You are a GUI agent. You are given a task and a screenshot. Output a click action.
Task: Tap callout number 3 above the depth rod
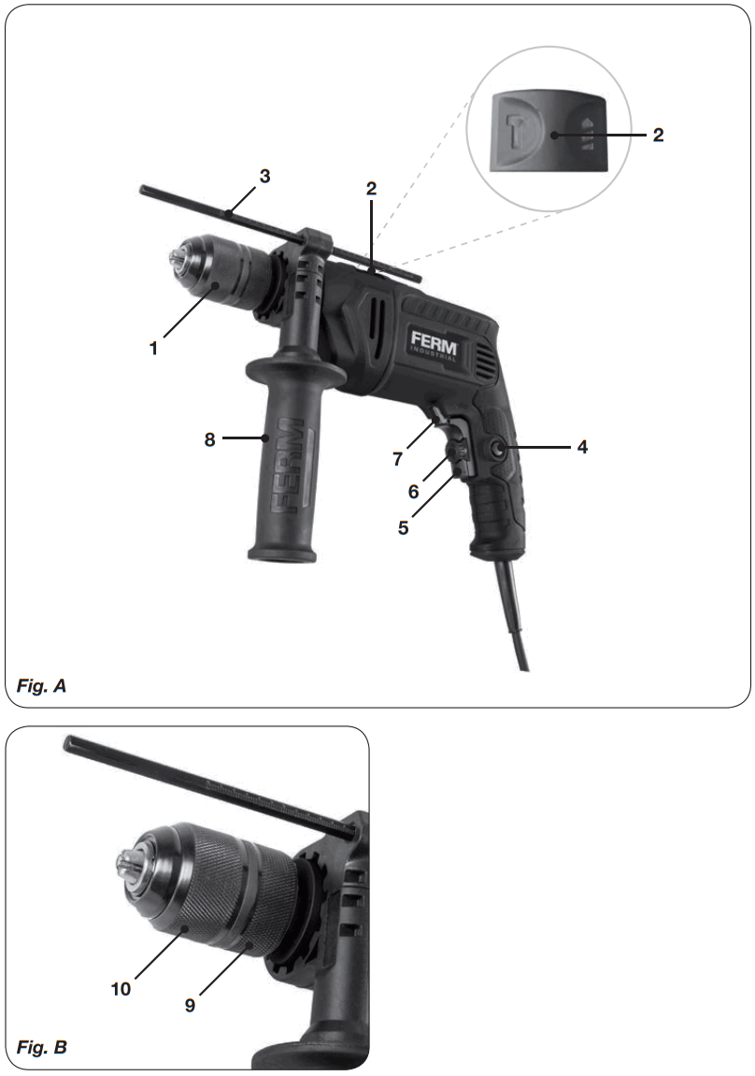pyautogui.click(x=265, y=176)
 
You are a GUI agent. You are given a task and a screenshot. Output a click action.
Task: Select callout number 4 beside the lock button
pyautogui.click(x=582, y=447)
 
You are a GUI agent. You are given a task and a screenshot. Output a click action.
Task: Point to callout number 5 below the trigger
pyautogui.click(x=403, y=527)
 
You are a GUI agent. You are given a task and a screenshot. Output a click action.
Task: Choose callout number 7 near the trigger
pyautogui.click(x=398, y=459)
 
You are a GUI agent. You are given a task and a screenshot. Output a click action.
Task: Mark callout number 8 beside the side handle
pyautogui.click(x=210, y=438)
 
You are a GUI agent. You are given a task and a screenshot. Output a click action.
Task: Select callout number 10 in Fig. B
pyautogui.click(x=120, y=988)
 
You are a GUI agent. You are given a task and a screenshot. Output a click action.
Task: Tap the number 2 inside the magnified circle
pyautogui.click(x=658, y=135)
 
